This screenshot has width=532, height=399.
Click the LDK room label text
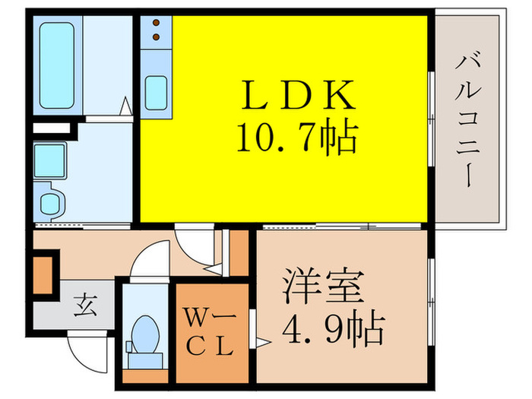pos(298,95)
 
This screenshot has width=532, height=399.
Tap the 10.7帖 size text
pos(297,137)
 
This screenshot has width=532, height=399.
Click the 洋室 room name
pos(323,285)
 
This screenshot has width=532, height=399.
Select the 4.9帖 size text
pos(333,328)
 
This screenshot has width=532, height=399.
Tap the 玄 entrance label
pos(85,306)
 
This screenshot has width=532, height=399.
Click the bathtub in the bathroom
pos(57,66)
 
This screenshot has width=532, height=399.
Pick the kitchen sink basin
pos(156,93)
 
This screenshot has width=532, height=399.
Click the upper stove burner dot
pos(156,23)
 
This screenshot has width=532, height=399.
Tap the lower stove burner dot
pos(156,36)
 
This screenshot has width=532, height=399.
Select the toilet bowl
pos(145,335)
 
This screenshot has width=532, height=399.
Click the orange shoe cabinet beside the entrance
pos(43,275)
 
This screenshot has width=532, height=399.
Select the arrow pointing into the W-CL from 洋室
pos(263,343)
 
